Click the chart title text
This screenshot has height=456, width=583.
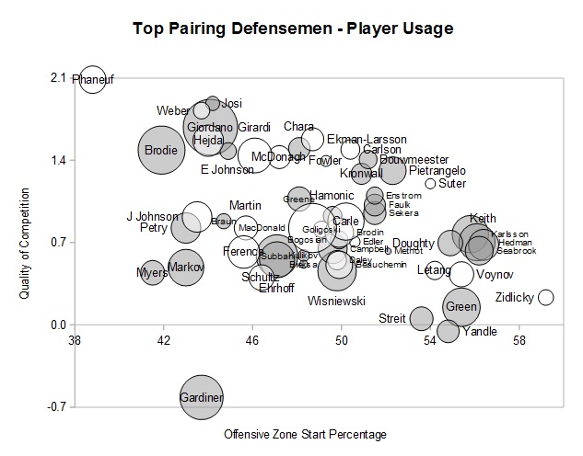click(292, 28)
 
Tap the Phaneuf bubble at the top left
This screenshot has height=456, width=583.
click(92, 80)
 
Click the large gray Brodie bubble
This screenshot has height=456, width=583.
click(162, 150)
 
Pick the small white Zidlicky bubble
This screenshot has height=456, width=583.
click(545, 297)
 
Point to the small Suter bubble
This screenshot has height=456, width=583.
click(430, 184)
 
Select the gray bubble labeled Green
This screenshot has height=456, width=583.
click(462, 307)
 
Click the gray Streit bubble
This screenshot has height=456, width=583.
click(421, 318)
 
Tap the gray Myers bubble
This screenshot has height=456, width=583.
click(152, 272)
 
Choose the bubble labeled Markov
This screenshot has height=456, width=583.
click(185, 268)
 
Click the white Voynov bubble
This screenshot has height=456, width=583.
click(462, 274)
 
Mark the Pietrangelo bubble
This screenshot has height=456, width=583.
click(393, 171)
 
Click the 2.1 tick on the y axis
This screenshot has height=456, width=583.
click(57, 78)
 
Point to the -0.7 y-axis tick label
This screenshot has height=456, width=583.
click(55, 406)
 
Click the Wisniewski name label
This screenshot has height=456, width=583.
click(337, 302)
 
